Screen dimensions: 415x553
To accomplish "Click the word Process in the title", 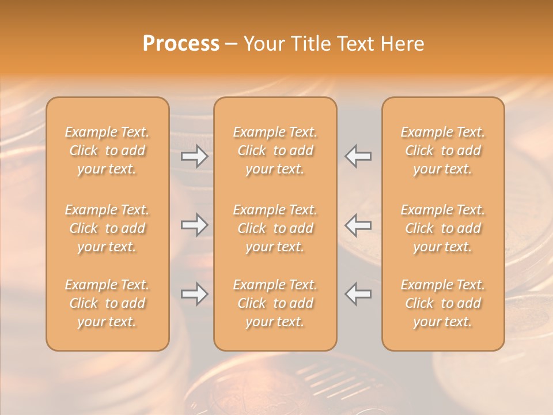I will point(181,44).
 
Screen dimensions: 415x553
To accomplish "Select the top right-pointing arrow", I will point(195,156).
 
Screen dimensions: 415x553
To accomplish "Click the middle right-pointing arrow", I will point(195,225).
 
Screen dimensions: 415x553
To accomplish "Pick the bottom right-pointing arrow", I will point(195,294).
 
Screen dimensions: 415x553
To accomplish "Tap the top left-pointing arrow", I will point(358,156).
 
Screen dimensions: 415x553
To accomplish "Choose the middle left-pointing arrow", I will point(358,225).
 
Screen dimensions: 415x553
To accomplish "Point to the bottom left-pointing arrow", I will point(358,294).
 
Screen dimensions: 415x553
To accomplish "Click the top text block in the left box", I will point(107,150).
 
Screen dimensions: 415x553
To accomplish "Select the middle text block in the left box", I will point(107,228).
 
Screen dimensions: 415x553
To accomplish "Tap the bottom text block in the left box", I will point(107,303).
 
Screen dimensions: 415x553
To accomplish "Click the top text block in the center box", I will point(275,150).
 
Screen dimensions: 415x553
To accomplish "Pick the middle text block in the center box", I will point(275,228).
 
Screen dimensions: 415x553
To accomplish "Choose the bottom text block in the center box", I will point(275,303).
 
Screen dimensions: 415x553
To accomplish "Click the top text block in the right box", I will point(443,150).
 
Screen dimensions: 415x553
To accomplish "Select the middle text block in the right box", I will point(443,228).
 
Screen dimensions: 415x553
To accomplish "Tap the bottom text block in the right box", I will point(443,303).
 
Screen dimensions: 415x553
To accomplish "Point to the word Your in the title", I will point(264,44).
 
